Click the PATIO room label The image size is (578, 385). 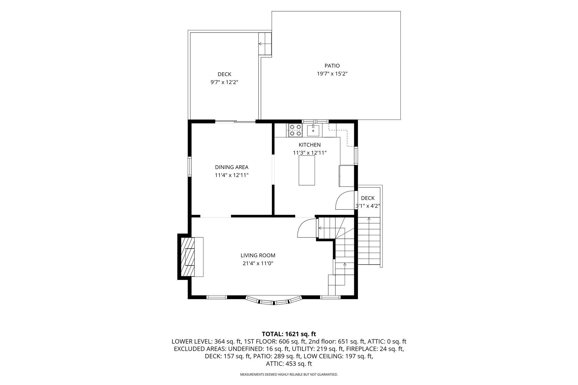[332, 66]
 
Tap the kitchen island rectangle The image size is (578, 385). [307, 170]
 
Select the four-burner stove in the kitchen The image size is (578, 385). [295, 130]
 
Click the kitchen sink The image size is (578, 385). [313, 130]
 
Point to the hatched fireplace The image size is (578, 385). [187, 256]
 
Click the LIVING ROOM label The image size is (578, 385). [258, 256]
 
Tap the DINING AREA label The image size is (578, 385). [232, 167]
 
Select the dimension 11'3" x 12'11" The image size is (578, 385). [310, 153]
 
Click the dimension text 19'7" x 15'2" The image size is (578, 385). [332, 74]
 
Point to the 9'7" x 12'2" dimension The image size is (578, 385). [224, 82]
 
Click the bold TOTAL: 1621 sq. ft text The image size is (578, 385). [289, 334]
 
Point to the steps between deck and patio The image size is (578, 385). [265, 44]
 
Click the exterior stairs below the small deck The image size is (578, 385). [369, 241]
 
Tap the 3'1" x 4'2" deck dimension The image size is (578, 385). [367, 206]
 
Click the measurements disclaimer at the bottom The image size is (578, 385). [289, 375]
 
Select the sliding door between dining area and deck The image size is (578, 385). [235, 122]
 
